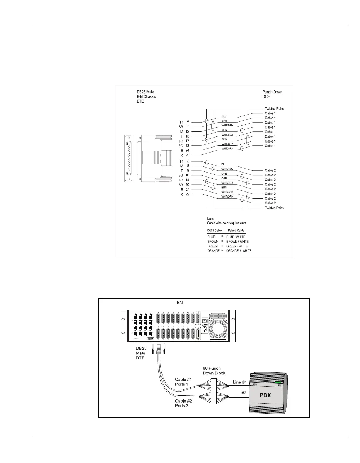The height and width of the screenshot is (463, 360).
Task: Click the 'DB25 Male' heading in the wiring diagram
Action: pos(145,92)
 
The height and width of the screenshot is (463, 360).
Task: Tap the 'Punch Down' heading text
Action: pos(272,92)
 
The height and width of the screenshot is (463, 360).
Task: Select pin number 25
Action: pos(187,155)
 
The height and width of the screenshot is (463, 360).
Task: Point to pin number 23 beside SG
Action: pos(187,146)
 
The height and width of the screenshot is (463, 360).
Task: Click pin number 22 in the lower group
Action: pos(187,194)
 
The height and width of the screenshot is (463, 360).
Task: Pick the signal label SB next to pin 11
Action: pos(181,127)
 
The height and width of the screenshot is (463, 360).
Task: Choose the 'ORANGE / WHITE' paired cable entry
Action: pos(239,251)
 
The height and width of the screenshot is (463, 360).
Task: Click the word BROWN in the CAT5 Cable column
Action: pos(213,242)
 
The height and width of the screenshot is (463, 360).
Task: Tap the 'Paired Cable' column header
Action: pos(236,231)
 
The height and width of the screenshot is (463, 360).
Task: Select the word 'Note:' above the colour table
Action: pos(211,219)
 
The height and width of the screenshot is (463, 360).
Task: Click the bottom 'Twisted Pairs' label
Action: pos(274,208)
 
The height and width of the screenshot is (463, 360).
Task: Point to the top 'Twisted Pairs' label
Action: pos(274,109)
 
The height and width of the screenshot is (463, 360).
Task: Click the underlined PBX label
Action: pos(265,395)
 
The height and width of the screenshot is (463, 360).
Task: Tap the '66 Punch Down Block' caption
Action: pos(214,370)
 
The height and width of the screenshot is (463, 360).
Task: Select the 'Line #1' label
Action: pos(240,382)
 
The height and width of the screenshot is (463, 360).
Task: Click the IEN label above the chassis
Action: pos(179,303)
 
